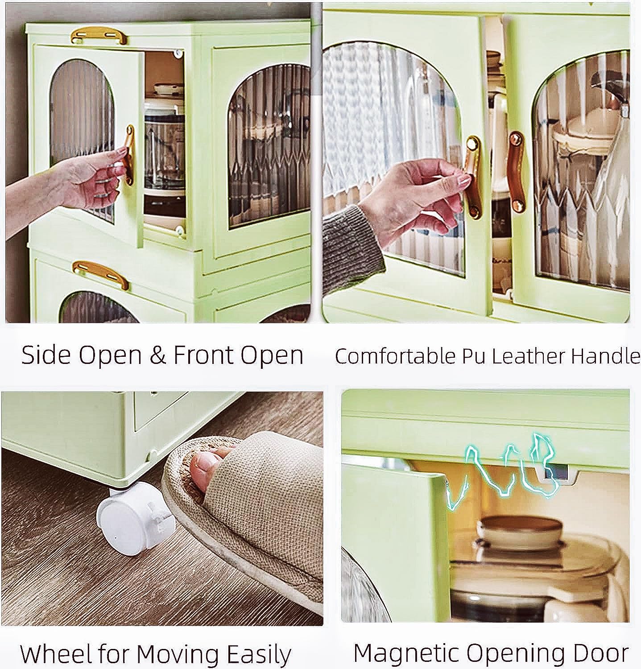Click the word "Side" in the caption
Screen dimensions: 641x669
(46, 355)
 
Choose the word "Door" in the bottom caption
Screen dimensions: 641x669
(598, 653)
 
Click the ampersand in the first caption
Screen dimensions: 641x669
(157, 355)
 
